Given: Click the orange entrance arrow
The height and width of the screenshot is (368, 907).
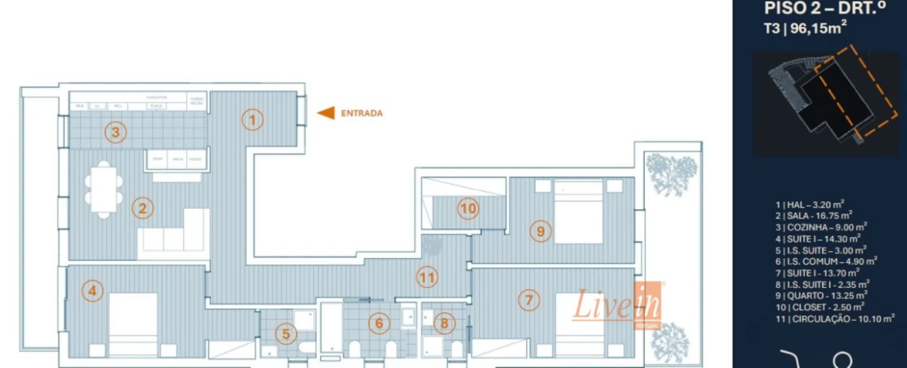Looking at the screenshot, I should [326, 113].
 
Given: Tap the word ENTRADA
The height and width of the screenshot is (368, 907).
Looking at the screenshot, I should [361, 113].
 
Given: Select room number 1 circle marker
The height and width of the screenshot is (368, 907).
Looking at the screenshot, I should [252, 119].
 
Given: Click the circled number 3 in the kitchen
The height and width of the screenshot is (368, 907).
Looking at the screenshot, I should [115, 132].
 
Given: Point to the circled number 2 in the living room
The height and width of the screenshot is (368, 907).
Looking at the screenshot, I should [142, 209].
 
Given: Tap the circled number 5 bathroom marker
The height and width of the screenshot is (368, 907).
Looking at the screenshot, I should [286, 334].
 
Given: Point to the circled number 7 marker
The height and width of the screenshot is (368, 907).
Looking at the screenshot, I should [529, 299].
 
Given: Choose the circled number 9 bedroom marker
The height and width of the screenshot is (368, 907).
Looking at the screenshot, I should [539, 231].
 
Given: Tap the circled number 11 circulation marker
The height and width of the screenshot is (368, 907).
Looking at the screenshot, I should [427, 277].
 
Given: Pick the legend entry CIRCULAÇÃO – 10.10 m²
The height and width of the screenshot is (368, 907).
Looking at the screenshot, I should [835, 318].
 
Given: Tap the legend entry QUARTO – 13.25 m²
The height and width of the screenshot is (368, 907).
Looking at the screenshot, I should [822, 295].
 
